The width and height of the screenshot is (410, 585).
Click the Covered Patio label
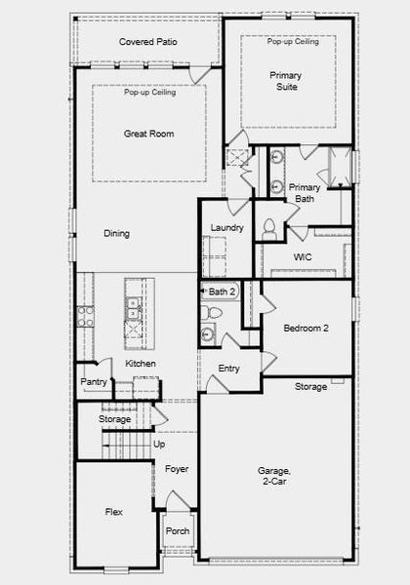tap(147, 42)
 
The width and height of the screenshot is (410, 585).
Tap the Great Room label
tap(148, 134)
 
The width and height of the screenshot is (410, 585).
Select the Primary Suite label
tap(286, 81)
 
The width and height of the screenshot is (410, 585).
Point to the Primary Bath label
tap(305, 193)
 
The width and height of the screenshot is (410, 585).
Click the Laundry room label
tap(226, 228)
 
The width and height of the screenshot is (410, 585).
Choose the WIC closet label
tap(303, 257)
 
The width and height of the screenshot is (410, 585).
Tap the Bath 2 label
tap(223, 292)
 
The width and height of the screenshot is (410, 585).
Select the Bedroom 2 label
tap(306, 329)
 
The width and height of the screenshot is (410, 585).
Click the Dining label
tap(117, 234)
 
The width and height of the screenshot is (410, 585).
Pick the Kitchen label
tap(141, 364)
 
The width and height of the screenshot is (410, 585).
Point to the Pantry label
tap(94, 382)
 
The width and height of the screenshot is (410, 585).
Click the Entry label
tap(229, 369)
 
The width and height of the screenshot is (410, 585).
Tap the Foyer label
tap(177, 469)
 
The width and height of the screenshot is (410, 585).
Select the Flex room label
tap(114, 511)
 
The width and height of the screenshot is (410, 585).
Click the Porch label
tap(178, 531)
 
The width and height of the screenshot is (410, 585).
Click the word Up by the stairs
tap(160, 444)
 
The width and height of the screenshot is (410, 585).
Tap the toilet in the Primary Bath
tap(269, 228)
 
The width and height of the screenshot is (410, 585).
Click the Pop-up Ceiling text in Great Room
tap(149, 93)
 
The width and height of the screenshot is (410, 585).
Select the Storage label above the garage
tap(310, 387)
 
